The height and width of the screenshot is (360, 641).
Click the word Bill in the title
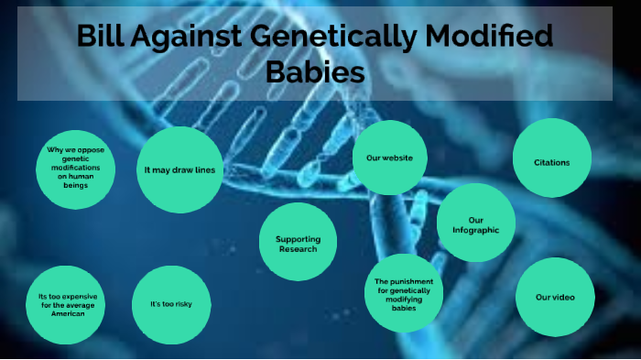coord(100,38)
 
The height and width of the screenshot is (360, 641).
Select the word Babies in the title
coord(315,71)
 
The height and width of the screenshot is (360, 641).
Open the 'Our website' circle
coord(390,158)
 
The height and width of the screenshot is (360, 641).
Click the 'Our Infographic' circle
coord(475,224)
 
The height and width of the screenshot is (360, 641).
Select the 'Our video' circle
coord(554,297)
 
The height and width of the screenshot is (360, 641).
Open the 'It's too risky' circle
coord(171,303)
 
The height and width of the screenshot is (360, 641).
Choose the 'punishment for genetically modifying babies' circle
coord(403,293)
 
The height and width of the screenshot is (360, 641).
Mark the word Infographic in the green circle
coord(475,230)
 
